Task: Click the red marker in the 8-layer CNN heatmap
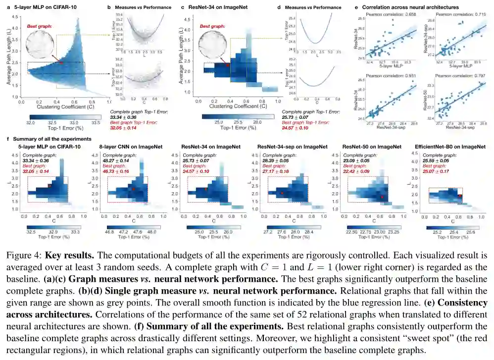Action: (x=133, y=189)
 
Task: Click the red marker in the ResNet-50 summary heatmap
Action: (x=382, y=197)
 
